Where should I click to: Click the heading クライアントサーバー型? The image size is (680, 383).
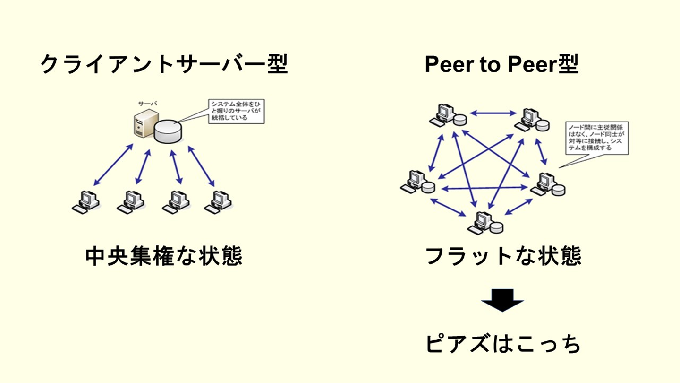click(164, 64)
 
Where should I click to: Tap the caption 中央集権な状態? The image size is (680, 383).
click(163, 256)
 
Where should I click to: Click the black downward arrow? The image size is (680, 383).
click(502, 301)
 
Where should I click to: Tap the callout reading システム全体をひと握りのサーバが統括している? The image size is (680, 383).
click(236, 111)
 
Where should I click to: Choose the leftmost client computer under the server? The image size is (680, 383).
click(86, 202)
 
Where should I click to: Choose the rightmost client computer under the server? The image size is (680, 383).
click(219, 202)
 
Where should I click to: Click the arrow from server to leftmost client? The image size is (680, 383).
click(113, 165)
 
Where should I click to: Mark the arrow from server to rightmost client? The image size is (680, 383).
click(202, 165)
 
